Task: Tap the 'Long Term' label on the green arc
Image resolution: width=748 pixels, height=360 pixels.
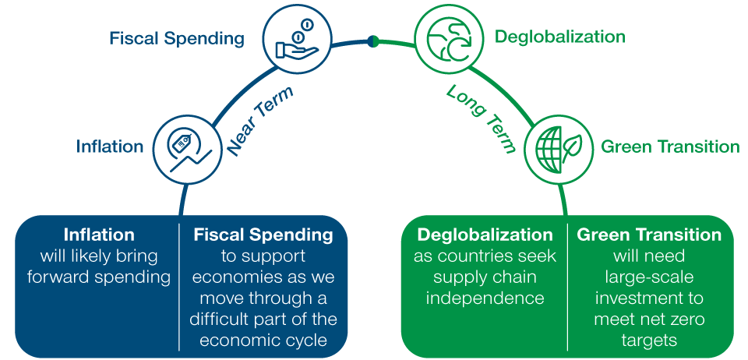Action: tap(482, 119)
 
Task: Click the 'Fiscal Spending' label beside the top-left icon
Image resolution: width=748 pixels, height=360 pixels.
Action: tap(177, 38)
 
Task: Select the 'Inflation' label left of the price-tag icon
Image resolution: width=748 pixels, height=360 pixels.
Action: tap(110, 146)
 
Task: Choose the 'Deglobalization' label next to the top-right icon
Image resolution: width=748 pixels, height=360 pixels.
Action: tap(560, 37)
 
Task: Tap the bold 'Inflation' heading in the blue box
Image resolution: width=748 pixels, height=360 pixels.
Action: tap(99, 235)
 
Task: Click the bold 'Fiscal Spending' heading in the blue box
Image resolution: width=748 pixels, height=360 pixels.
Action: tap(263, 235)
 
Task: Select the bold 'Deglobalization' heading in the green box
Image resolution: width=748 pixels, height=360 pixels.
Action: tap(485, 235)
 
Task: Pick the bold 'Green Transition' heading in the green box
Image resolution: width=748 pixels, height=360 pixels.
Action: tap(649, 235)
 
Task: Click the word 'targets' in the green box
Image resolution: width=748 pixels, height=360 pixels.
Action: tap(649, 340)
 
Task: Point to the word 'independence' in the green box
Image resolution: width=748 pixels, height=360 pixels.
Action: tap(485, 298)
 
